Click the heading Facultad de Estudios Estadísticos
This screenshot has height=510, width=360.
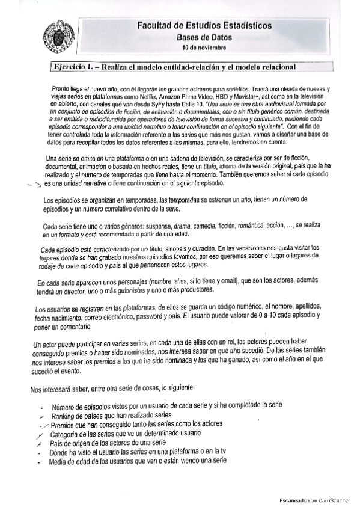click(x=204, y=26)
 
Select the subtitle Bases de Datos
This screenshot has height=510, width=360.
click(x=204, y=37)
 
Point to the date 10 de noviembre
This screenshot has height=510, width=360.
click(x=204, y=47)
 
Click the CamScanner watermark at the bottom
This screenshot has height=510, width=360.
click(x=316, y=500)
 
